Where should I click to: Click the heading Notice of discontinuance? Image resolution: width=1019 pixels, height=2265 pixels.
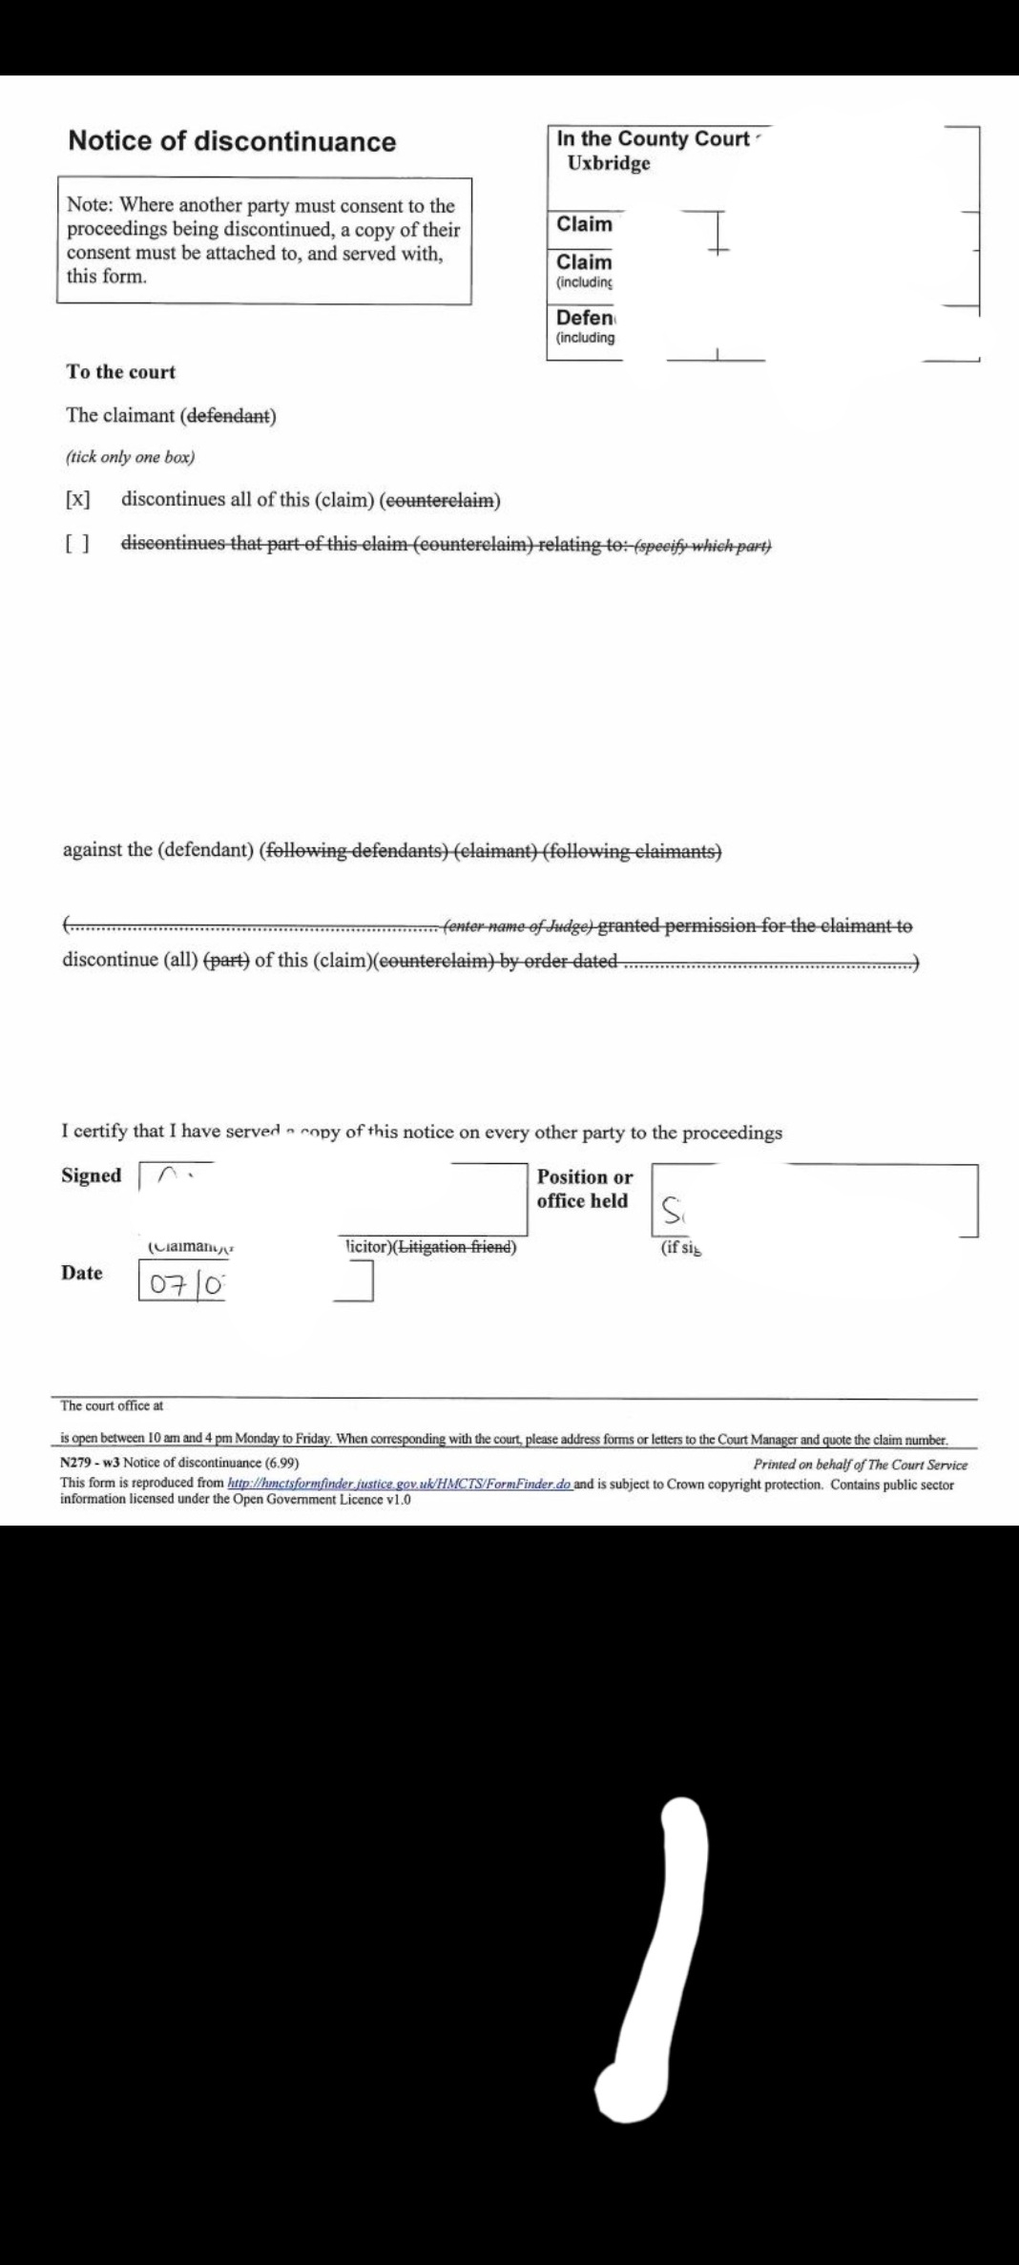point(232,141)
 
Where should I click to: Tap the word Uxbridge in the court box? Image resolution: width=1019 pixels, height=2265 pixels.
point(608,163)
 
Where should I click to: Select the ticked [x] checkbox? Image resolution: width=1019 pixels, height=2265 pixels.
point(77,500)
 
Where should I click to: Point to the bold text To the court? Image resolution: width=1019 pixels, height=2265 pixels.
point(120,372)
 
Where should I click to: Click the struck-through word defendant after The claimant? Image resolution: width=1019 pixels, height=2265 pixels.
point(229,416)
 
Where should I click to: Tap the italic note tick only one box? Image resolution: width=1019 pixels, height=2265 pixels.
point(130,457)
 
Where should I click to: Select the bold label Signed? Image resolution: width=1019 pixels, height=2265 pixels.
point(92,1175)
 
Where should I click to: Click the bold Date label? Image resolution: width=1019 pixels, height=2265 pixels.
point(82,1273)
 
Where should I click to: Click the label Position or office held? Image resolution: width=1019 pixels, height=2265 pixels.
point(584,1189)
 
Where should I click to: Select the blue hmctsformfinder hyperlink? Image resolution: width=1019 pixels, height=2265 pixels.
point(400,1484)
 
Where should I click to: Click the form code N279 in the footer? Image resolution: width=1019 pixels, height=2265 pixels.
point(74,1463)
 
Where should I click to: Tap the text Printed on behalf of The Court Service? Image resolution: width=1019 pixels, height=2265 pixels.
point(860,1465)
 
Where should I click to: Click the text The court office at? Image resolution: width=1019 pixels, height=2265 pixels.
point(112,1405)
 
